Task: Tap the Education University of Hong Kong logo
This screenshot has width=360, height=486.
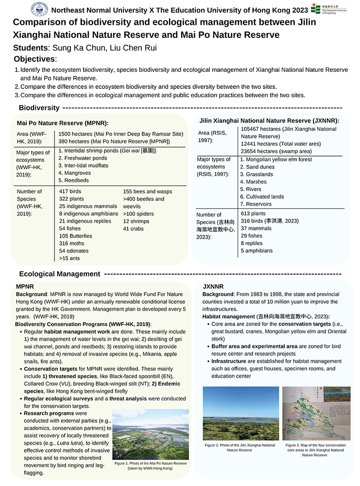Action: click(x=328, y=9)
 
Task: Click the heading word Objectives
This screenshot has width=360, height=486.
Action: click(x=35, y=59)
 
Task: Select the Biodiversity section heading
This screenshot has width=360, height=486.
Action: click(x=39, y=107)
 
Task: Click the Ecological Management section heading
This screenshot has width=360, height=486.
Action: click(x=60, y=274)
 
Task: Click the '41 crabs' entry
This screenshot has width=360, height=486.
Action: click(x=133, y=228)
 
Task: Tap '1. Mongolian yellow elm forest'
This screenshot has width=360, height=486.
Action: click(x=276, y=159)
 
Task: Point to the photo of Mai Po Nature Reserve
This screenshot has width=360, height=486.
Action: click(x=151, y=435)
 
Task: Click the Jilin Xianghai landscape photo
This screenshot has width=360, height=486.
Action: click(x=240, y=413)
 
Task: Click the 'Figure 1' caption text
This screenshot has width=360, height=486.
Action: click(x=151, y=466)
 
